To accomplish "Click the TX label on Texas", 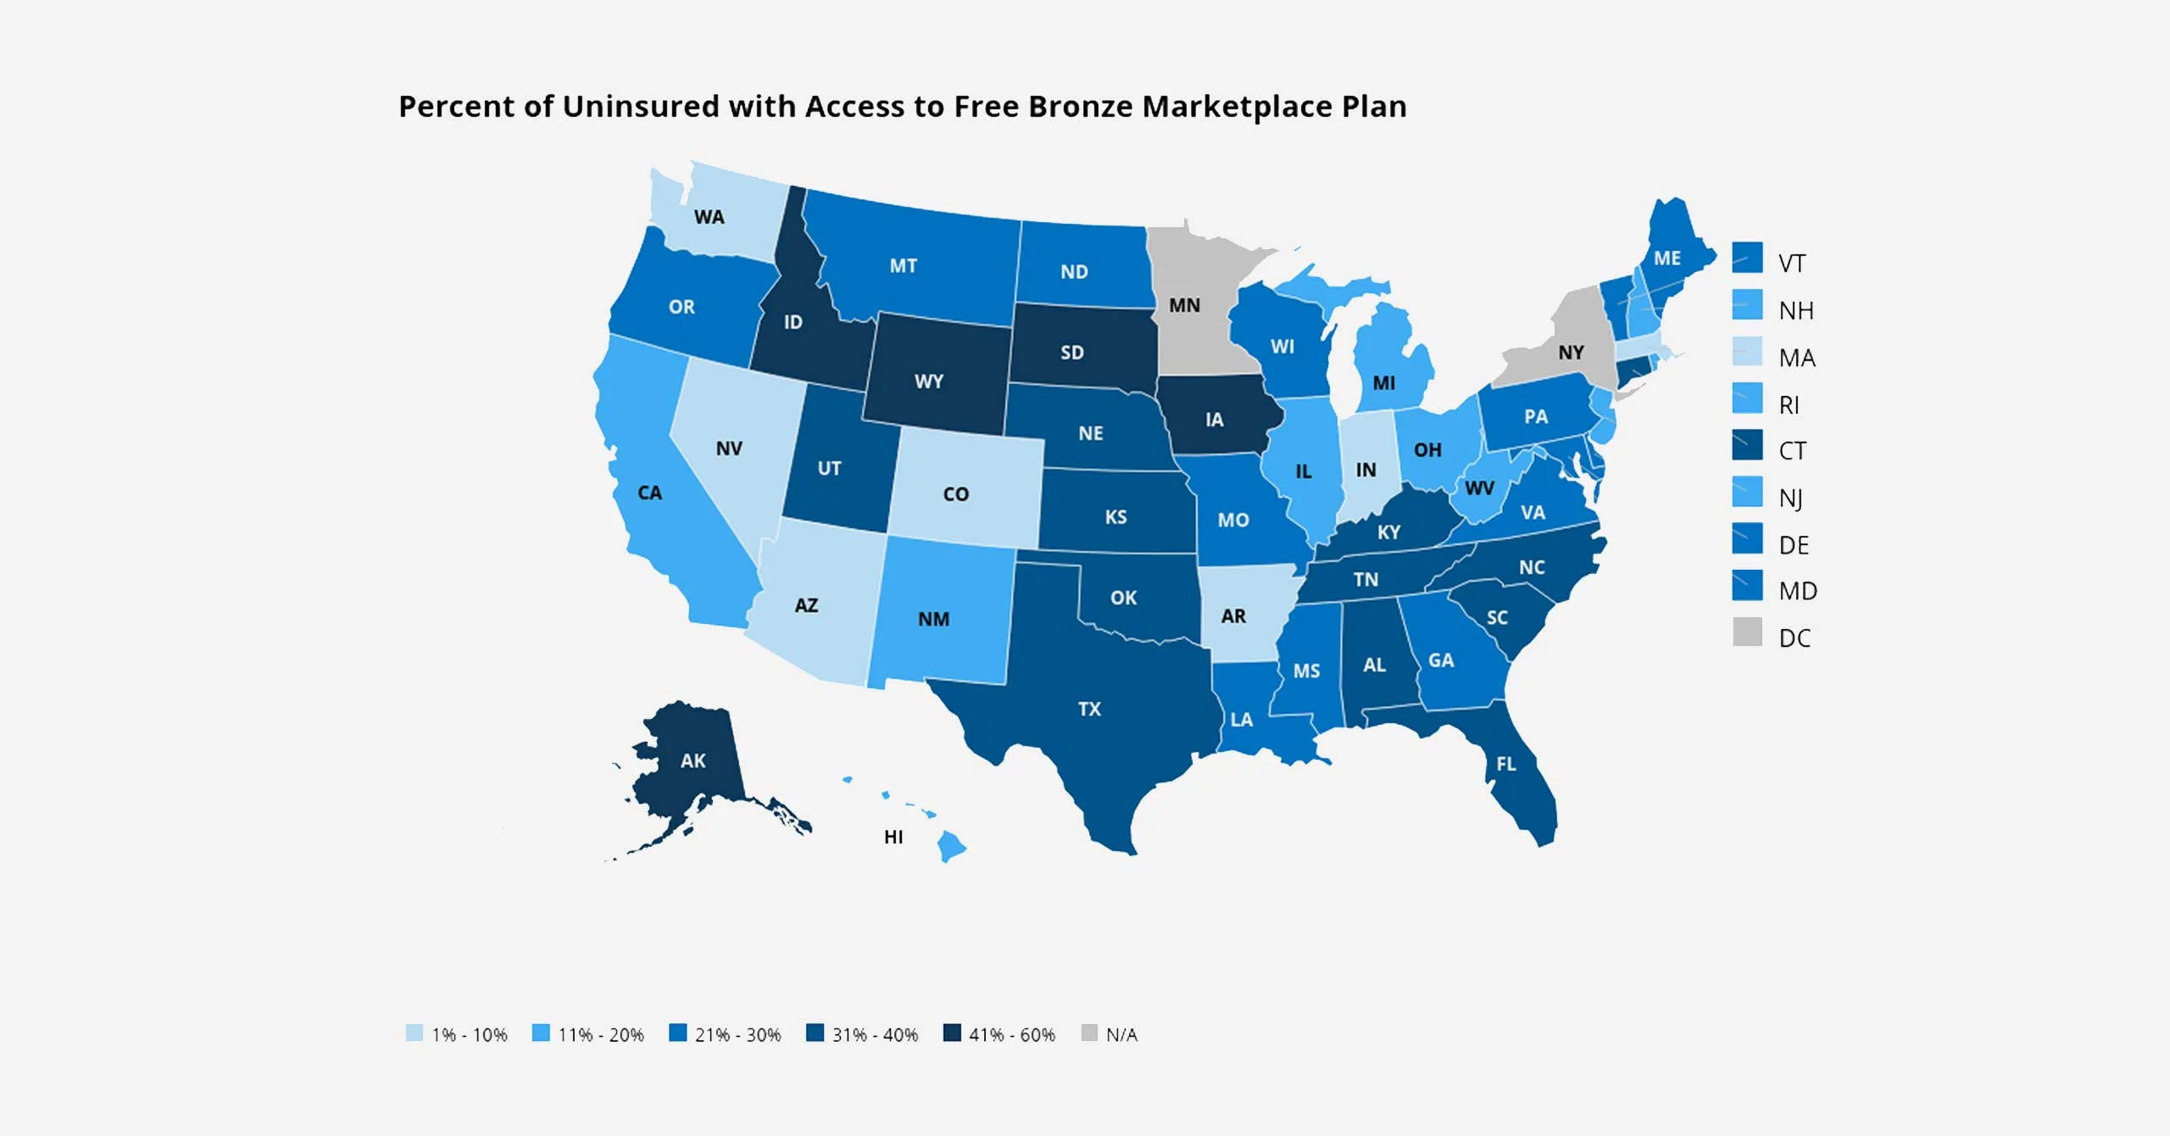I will [x=1089, y=709].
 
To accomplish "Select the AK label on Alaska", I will [x=693, y=760].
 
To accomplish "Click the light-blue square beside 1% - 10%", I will [x=414, y=1033].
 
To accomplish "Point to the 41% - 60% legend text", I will [x=1011, y=1034].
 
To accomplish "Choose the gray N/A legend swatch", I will [x=1090, y=1033].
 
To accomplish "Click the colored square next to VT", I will [x=1747, y=258].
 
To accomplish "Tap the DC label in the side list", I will [x=1794, y=638].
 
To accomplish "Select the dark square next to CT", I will [x=1747, y=445].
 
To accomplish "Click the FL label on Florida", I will [x=1505, y=764].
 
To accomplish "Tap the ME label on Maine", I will [x=1666, y=258].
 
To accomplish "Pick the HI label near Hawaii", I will [x=893, y=837].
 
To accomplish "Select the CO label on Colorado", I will [x=955, y=494].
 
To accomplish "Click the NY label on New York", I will [x=1571, y=352].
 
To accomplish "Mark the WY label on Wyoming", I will [x=928, y=381].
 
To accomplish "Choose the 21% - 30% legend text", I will [x=737, y=1034].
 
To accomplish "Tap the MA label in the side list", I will [x=1797, y=358].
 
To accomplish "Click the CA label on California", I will [x=649, y=493].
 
